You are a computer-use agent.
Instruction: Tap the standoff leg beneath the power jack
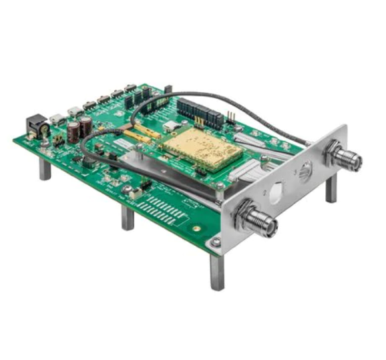(x=45, y=170)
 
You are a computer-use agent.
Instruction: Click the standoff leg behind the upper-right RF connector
(x=331, y=190)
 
